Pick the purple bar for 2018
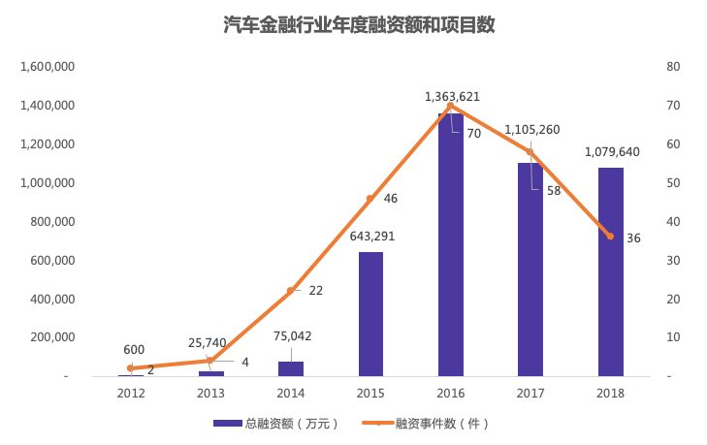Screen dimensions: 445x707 click(x=610, y=271)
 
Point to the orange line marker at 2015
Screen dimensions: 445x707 click(x=370, y=198)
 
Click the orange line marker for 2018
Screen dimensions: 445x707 click(x=610, y=237)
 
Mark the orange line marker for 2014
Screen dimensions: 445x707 click(x=291, y=291)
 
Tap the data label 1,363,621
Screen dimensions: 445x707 click(x=452, y=97)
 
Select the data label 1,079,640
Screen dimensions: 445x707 click(x=611, y=152)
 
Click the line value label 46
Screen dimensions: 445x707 click(x=391, y=199)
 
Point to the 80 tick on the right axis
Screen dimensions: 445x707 click(x=671, y=67)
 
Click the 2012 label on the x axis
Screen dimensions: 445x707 click(x=131, y=393)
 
